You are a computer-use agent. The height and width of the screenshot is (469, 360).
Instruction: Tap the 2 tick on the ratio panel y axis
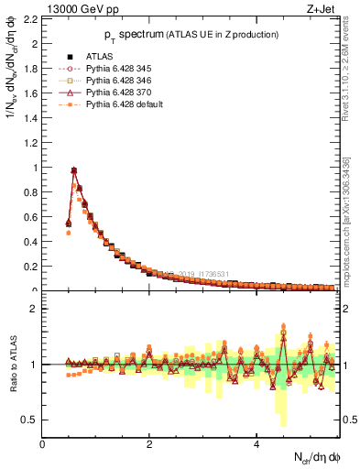(34, 309)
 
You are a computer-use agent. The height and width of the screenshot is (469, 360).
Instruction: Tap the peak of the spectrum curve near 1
(74, 169)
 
